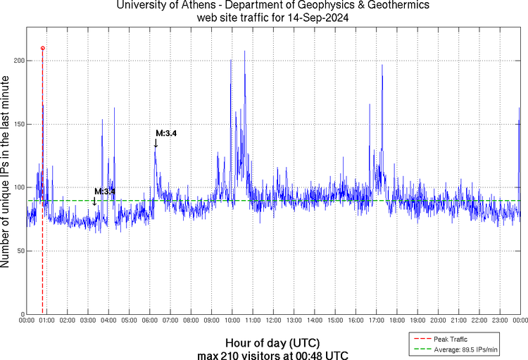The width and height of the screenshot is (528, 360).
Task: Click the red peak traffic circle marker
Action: (x=43, y=48)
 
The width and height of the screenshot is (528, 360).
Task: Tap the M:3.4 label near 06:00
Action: (x=166, y=133)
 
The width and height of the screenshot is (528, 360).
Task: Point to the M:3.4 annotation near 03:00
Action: (x=104, y=192)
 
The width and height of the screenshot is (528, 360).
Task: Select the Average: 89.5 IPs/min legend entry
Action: (x=464, y=348)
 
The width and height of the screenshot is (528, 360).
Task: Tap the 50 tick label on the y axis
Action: (x=20, y=251)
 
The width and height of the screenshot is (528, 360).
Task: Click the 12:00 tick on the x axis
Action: (x=273, y=320)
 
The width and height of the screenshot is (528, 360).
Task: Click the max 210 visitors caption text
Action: (x=273, y=354)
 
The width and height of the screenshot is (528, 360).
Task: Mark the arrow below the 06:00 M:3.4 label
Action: (x=156, y=143)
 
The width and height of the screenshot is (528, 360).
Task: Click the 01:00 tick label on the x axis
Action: (x=47, y=320)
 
